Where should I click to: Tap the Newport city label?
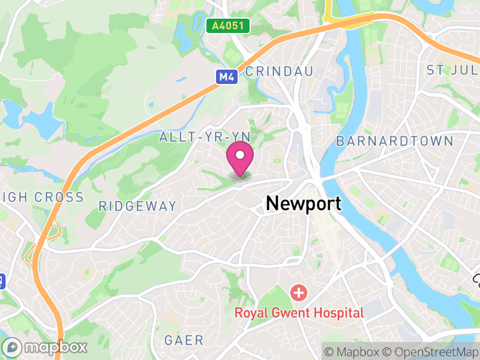coord(303,203)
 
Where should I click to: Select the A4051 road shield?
coord(227,26)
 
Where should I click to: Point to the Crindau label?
coord(280,71)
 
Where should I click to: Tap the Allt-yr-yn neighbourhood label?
coord(196,137)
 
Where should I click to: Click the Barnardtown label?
coord(394,142)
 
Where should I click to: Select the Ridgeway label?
coord(137,206)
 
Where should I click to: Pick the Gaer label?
coord(184,340)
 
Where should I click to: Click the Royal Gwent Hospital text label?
coord(299,313)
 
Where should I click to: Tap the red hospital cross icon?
coord(298,293)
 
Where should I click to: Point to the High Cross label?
coord(42,197)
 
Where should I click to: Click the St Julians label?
coord(452,70)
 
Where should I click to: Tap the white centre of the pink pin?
coord(240,155)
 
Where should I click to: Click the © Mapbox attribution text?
coord(353,351)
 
